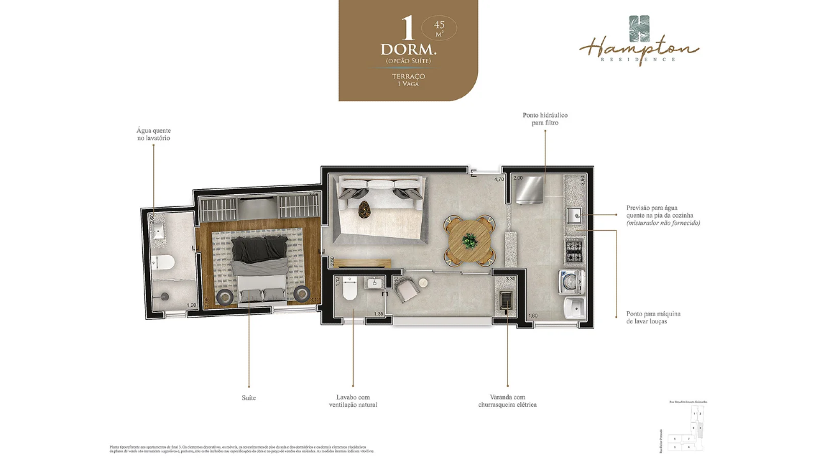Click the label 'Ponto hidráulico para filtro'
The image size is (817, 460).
pyautogui.click(x=544, y=119)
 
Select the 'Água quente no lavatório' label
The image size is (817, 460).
pyautogui.click(x=153, y=134)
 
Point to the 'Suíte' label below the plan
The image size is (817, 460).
pyautogui.click(x=249, y=398)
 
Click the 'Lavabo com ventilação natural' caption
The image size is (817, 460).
pyautogui.click(x=353, y=401)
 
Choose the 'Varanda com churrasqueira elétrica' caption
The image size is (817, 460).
pyautogui.click(x=507, y=401)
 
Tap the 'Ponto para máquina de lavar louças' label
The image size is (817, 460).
pyautogui.click(x=653, y=318)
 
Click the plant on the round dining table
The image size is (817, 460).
pyautogui.click(x=470, y=241)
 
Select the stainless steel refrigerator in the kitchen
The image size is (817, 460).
pyautogui.click(x=530, y=190)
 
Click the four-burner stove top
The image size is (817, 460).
pyautogui.click(x=574, y=250)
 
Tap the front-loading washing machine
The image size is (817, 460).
pyautogui.click(x=571, y=281)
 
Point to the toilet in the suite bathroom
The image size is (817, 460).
pyautogui.click(x=165, y=262)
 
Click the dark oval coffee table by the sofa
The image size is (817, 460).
pyautogui.click(x=365, y=210)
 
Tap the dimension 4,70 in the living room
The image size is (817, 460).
pyautogui.click(x=499, y=180)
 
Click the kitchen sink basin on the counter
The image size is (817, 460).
pyautogui.click(x=573, y=215)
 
